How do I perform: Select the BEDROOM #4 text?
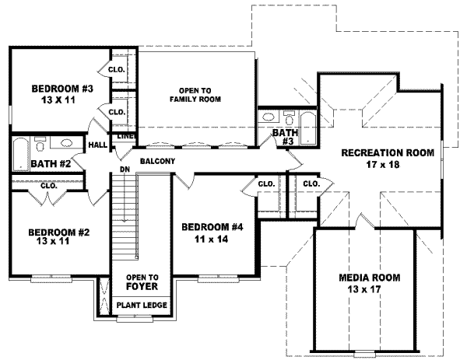(207, 227)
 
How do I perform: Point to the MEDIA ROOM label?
(369, 277)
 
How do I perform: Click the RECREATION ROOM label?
(387, 153)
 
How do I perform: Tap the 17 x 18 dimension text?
(387, 164)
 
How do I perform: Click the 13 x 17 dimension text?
(369, 288)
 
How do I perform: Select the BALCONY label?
(157, 162)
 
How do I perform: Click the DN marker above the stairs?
(123, 170)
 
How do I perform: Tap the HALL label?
(97, 145)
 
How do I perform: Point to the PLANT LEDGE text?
(142, 305)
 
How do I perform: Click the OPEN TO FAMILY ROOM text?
(195, 94)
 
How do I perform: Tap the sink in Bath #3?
(269, 118)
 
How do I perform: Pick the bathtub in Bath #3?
(309, 129)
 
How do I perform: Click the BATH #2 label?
(30, 163)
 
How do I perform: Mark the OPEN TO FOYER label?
(142, 281)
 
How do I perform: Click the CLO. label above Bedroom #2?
(48, 187)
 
